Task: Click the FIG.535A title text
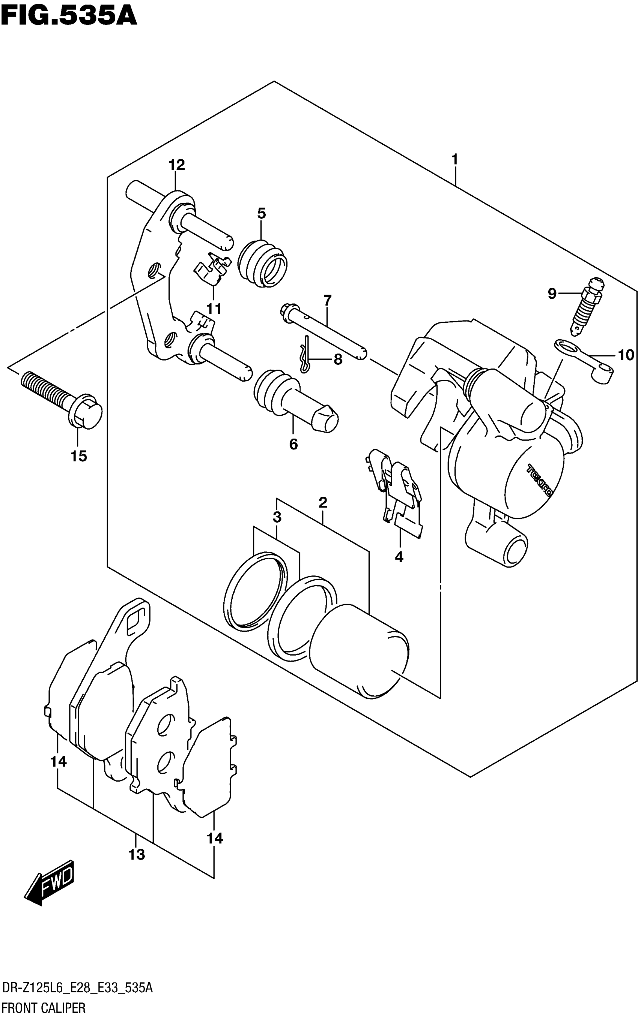[x=69, y=16]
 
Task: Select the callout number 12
[x=177, y=165]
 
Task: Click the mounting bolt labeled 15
[x=62, y=397]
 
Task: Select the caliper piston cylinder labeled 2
[x=359, y=649]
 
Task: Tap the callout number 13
[x=136, y=855]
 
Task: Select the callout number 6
[x=293, y=444]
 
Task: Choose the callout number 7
[x=327, y=301]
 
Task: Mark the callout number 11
[x=214, y=309]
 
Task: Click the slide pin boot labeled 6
[x=295, y=396]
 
